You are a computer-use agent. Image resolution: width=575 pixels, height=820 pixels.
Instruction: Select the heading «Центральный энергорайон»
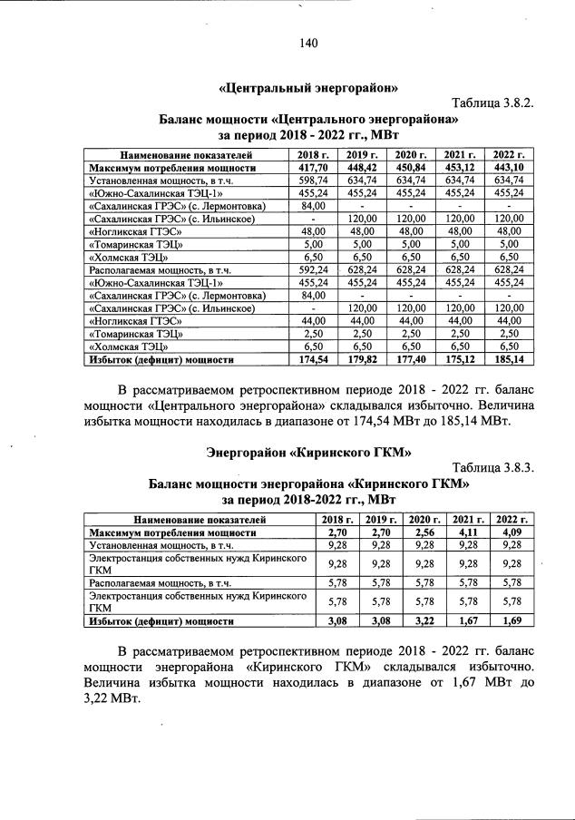pyautogui.click(x=309, y=88)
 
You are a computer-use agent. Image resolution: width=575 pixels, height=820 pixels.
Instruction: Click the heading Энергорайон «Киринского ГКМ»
pyautogui.click(x=308, y=451)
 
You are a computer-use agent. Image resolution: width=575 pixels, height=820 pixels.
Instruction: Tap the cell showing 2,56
pyautogui.click(x=423, y=532)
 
